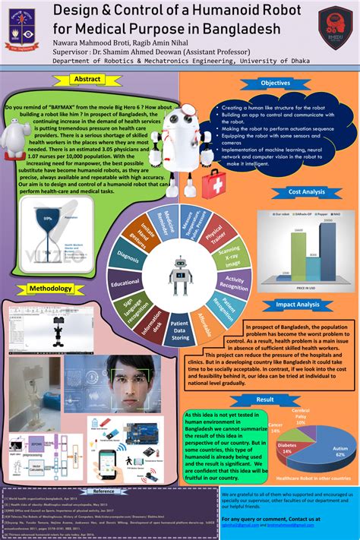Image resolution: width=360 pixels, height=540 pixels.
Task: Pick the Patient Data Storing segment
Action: [179, 327]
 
